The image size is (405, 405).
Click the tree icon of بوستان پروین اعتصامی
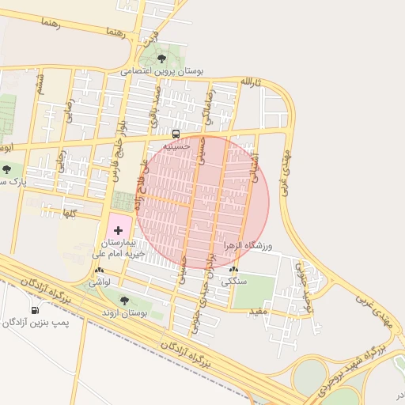click(162, 59)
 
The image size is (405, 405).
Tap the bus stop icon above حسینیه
click(176, 134)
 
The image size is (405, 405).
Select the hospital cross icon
click(119, 230)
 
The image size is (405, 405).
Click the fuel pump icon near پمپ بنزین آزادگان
click(34, 310)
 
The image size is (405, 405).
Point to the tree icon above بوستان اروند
click(123, 301)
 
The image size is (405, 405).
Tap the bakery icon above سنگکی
click(233, 269)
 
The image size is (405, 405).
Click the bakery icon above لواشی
click(99, 270)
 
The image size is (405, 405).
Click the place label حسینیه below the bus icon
click(176, 146)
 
